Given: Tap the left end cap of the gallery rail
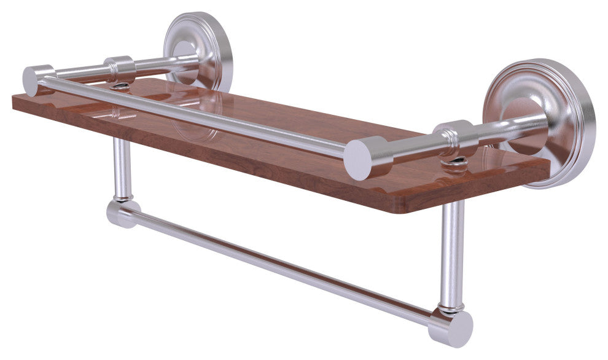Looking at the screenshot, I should [x=31, y=80].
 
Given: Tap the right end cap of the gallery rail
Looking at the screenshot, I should [x=361, y=159].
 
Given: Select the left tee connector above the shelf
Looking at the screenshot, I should [x=119, y=69].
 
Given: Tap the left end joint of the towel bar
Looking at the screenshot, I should [x=120, y=213].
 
